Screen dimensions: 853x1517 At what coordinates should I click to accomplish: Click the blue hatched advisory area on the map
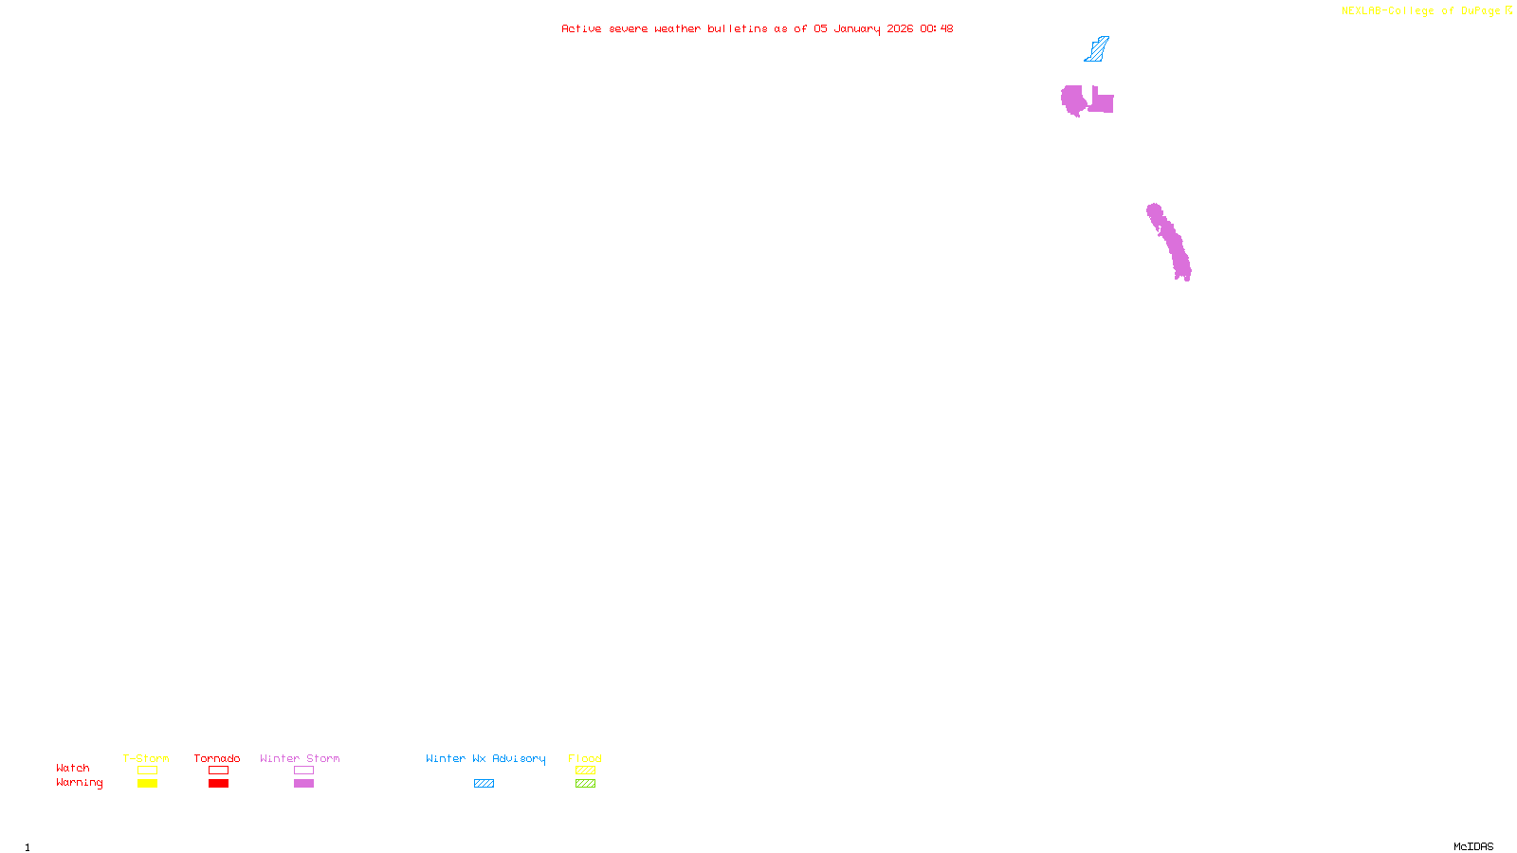coord(1097,49)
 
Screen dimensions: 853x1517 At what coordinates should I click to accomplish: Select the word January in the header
coord(856,28)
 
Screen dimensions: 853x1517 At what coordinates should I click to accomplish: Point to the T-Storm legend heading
coord(146,758)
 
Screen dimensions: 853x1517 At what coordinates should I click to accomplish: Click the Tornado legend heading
coord(217,758)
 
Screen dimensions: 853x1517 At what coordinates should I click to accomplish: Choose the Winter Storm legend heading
coord(300,758)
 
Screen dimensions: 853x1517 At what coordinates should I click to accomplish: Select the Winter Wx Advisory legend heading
coord(485,758)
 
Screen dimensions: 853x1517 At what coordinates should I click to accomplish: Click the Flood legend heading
coord(585,758)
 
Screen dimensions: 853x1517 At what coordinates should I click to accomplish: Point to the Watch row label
coord(73,768)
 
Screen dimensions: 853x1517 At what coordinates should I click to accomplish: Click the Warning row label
coord(79,783)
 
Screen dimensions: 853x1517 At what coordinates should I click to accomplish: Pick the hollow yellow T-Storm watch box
coord(147,771)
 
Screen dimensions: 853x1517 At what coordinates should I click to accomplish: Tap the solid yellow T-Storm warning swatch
coord(147,784)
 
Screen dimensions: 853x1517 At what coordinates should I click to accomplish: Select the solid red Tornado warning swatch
coord(219,784)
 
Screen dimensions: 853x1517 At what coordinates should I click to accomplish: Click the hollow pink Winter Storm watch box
coord(303,771)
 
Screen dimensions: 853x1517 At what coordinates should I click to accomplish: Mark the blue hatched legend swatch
coord(484,784)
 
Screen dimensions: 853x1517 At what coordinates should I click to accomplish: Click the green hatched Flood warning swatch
coord(585,784)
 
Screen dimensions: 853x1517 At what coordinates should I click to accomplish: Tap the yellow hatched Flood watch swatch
coord(585,771)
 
